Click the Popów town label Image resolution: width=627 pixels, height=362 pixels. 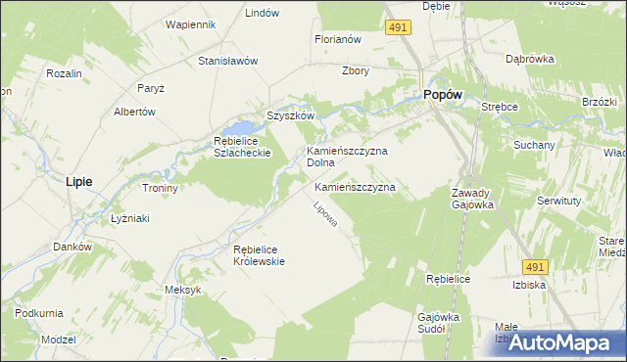click(x=443, y=94)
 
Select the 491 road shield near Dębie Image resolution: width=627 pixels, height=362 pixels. click(x=397, y=28)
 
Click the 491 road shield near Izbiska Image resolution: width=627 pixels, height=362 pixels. click(x=534, y=265)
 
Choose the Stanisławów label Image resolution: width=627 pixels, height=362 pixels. click(x=227, y=61)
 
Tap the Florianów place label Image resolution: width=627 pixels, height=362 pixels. click(x=338, y=40)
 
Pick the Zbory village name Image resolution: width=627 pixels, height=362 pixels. click(x=355, y=70)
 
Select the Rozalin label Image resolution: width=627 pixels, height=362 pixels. click(x=64, y=73)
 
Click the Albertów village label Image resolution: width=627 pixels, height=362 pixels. click(x=135, y=112)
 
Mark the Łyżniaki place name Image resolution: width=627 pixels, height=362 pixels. click(x=129, y=218)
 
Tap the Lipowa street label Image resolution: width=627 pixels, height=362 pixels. click(x=325, y=214)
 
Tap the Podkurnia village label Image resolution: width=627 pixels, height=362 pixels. click(x=39, y=313)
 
